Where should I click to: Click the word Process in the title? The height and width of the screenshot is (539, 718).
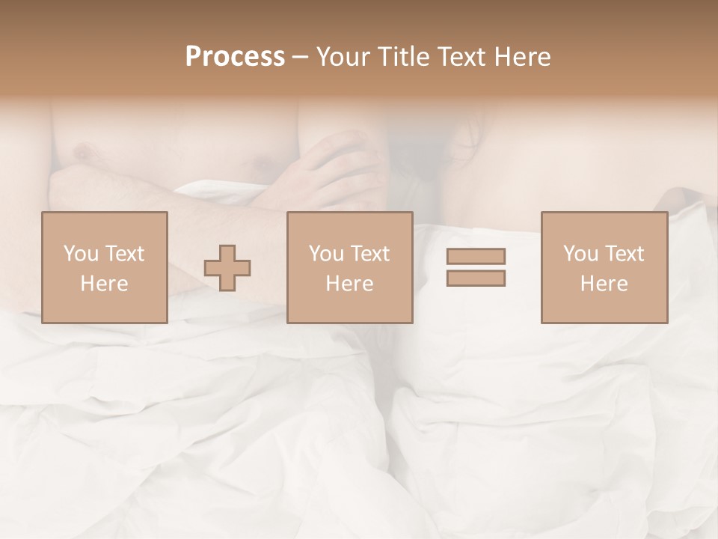click(235, 57)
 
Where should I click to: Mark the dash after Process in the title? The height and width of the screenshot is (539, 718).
click(301, 58)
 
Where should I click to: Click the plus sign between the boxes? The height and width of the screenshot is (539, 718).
click(227, 267)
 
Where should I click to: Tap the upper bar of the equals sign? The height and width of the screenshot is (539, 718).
click(476, 257)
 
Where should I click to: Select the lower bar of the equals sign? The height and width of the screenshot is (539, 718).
click(476, 278)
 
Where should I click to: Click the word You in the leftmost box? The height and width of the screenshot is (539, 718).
click(80, 254)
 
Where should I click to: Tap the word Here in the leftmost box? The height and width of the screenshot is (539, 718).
click(104, 284)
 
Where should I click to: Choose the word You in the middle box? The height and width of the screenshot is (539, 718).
click(326, 254)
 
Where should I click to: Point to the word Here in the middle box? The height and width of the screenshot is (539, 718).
click(349, 284)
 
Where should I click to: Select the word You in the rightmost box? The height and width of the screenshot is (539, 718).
click(580, 254)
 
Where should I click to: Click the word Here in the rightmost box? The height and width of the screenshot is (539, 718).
click(604, 284)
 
